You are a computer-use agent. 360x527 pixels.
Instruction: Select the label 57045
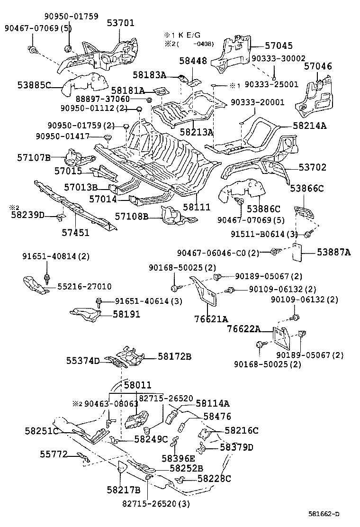tap(278, 46)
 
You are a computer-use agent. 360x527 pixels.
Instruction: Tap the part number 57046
tap(318, 66)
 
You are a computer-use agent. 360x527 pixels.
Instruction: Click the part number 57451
tap(75, 232)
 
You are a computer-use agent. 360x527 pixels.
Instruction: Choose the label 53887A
tap(334, 253)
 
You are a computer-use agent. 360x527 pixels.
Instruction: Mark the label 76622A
tap(243, 329)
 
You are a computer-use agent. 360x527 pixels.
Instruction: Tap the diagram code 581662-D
tap(325, 514)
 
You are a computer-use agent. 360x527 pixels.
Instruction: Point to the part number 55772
tap(53, 454)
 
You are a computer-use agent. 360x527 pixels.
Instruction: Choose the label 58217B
tap(123, 489)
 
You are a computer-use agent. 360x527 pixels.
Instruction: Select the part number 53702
tap(312, 168)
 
